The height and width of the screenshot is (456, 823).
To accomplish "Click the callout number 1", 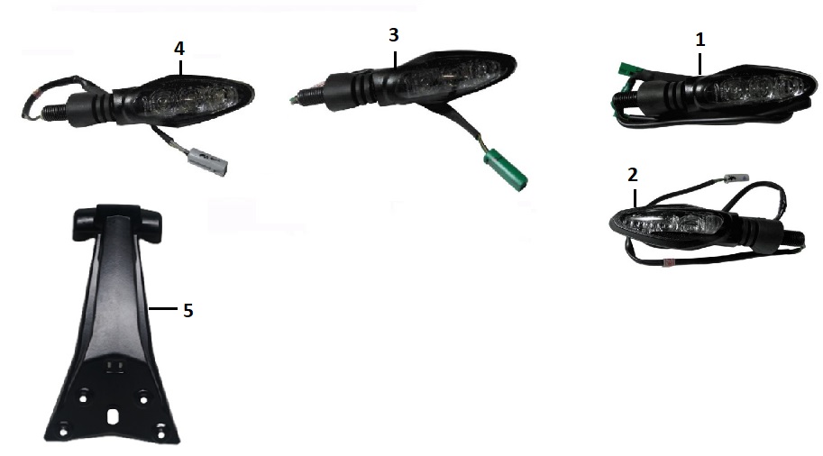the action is click(700, 40).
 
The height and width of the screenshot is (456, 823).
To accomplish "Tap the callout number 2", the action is click(633, 175).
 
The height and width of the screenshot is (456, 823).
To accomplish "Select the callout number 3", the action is click(394, 35).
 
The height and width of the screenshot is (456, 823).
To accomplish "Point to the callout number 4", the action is click(179, 49).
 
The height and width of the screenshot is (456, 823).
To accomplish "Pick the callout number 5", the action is click(187, 311).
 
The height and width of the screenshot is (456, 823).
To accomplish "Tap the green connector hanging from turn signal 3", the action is click(505, 169).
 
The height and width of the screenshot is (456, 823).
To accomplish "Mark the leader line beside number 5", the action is click(162, 309).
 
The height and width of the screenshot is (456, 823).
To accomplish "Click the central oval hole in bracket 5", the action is click(114, 416).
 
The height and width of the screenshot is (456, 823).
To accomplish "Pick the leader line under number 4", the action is click(180, 68).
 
